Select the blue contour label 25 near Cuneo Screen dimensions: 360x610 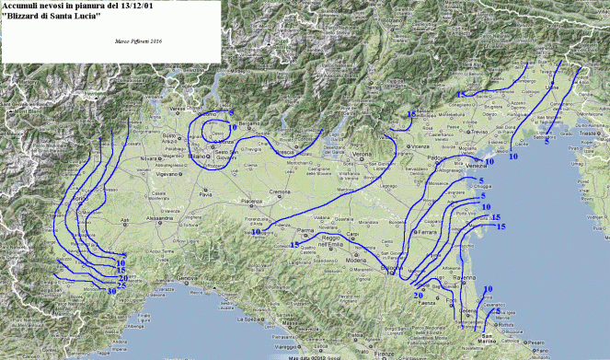tap(121, 285)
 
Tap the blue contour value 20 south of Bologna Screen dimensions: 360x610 tap(418, 295)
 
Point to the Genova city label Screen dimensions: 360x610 tap(189, 278)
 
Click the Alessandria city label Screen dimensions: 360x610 tap(161, 218)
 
